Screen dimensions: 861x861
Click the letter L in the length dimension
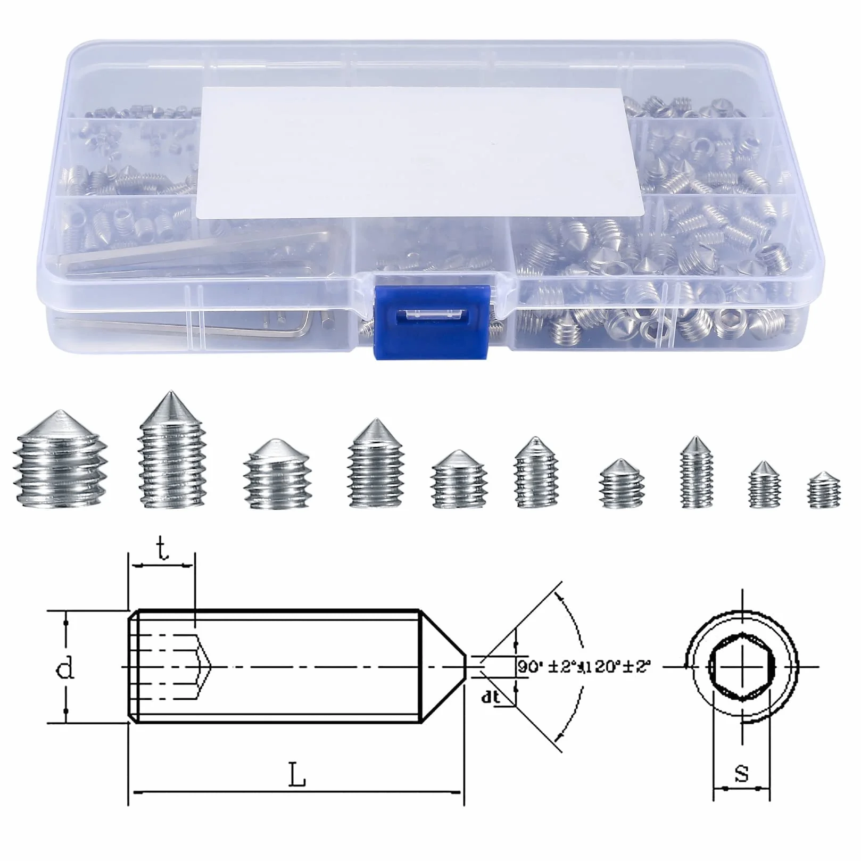(x=297, y=776)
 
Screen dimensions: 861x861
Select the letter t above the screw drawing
(x=163, y=550)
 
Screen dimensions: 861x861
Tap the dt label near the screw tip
(x=490, y=697)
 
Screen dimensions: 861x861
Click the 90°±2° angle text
(x=548, y=666)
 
